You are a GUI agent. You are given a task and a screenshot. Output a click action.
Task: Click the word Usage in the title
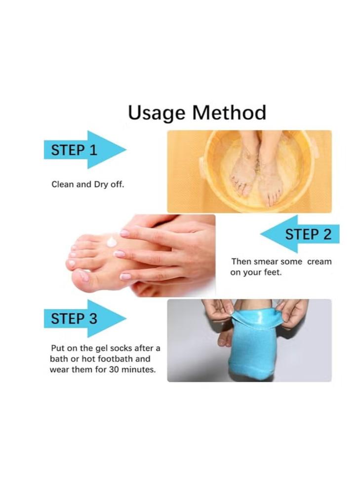(156, 113)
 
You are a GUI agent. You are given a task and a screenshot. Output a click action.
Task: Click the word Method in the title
(229, 112)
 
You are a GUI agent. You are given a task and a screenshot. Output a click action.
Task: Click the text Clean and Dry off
(88, 184)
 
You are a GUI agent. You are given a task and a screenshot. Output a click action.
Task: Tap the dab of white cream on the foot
(112, 242)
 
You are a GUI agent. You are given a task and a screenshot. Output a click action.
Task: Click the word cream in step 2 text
(320, 261)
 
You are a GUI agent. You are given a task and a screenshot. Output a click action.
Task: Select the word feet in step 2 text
(272, 272)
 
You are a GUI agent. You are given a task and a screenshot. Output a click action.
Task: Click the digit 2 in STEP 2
(327, 234)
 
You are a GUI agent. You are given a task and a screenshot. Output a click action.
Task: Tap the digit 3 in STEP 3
(93, 319)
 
